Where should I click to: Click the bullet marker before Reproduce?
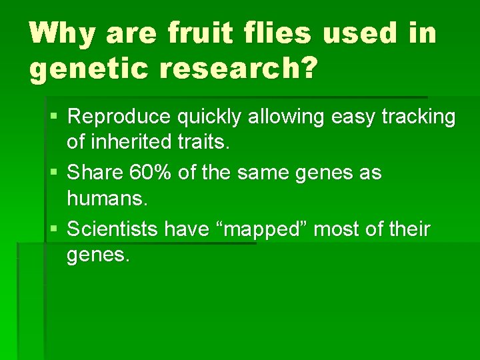(54, 117)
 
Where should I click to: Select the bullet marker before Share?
(54, 173)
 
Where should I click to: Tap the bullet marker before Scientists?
(54, 230)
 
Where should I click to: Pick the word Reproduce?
(120, 117)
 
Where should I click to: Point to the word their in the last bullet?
(407, 230)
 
